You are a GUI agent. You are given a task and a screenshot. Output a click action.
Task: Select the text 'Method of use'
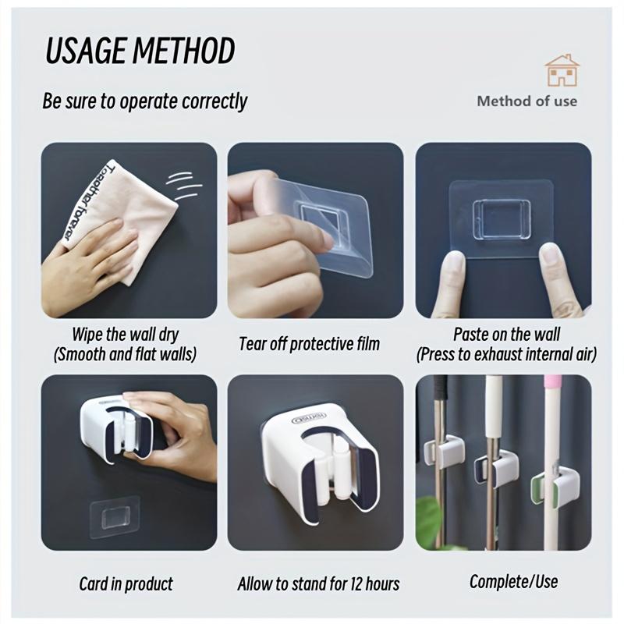[x=527, y=101]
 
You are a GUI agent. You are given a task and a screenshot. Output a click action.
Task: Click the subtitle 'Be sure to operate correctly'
[x=144, y=101]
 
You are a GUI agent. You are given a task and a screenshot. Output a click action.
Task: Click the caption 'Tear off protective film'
[x=310, y=344]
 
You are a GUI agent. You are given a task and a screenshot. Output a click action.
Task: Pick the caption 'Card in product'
[x=126, y=583]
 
